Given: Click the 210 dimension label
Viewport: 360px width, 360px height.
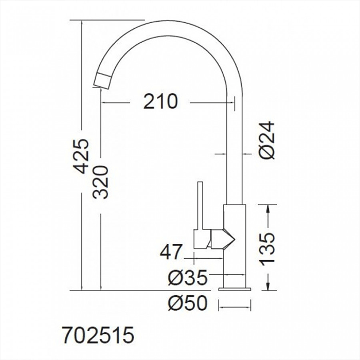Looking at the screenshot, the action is [160, 101].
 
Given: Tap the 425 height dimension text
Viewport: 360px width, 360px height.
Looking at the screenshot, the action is [81, 156].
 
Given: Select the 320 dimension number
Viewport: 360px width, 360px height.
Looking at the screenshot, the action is [100, 182].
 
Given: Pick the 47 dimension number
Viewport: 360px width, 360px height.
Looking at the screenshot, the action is [171, 251].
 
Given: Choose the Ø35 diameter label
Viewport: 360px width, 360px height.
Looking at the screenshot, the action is [188, 277].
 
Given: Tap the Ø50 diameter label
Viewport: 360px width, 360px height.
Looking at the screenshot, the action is [188, 303].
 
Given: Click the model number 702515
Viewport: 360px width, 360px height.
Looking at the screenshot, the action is [98, 335].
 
